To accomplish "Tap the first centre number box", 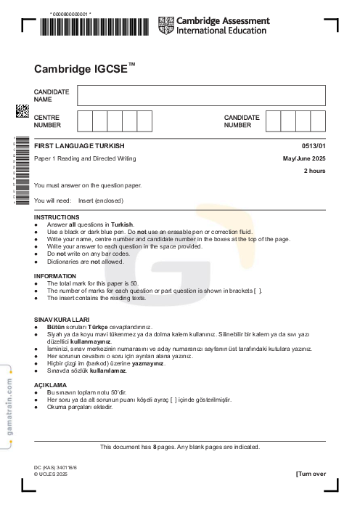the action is click(x=84, y=121).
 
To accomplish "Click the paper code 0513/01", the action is click(x=314, y=147).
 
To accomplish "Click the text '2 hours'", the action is click(x=314, y=171).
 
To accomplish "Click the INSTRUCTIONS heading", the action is click(x=57, y=217).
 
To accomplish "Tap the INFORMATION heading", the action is click(x=55, y=276).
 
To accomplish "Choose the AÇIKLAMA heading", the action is click(x=51, y=384).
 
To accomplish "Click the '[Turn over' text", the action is click(x=311, y=474).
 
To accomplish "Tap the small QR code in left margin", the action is click(x=22, y=111).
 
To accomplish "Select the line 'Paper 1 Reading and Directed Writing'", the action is click(x=85, y=158).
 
